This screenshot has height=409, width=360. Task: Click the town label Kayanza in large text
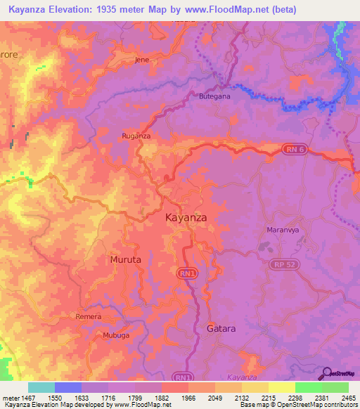click(186, 217)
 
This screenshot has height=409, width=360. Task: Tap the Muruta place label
click(125, 259)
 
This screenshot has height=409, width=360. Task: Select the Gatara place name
click(221, 328)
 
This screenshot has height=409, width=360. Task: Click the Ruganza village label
click(136, 136)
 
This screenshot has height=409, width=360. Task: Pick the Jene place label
click(142, 60)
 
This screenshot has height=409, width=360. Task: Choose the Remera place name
click(89, 317)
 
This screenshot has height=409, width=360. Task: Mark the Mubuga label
click(112, 335)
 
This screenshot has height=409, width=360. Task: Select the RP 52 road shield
click(283, 264)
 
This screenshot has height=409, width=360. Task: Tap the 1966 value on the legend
click(188, 398)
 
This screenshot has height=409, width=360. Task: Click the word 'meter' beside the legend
click(10, 398)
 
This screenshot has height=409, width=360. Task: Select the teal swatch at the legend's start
click(41, 387)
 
